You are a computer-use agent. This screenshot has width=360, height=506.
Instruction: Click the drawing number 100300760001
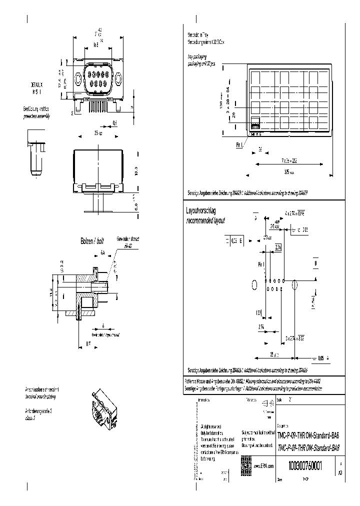(305, 465)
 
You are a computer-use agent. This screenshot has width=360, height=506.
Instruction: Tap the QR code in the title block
(246, 462)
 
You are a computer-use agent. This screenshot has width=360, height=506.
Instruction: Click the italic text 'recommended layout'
(205, 220)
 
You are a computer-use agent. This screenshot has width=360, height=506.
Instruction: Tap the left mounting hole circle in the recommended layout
(255, 285)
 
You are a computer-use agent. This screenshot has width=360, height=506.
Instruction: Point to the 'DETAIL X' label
(36, 85)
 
